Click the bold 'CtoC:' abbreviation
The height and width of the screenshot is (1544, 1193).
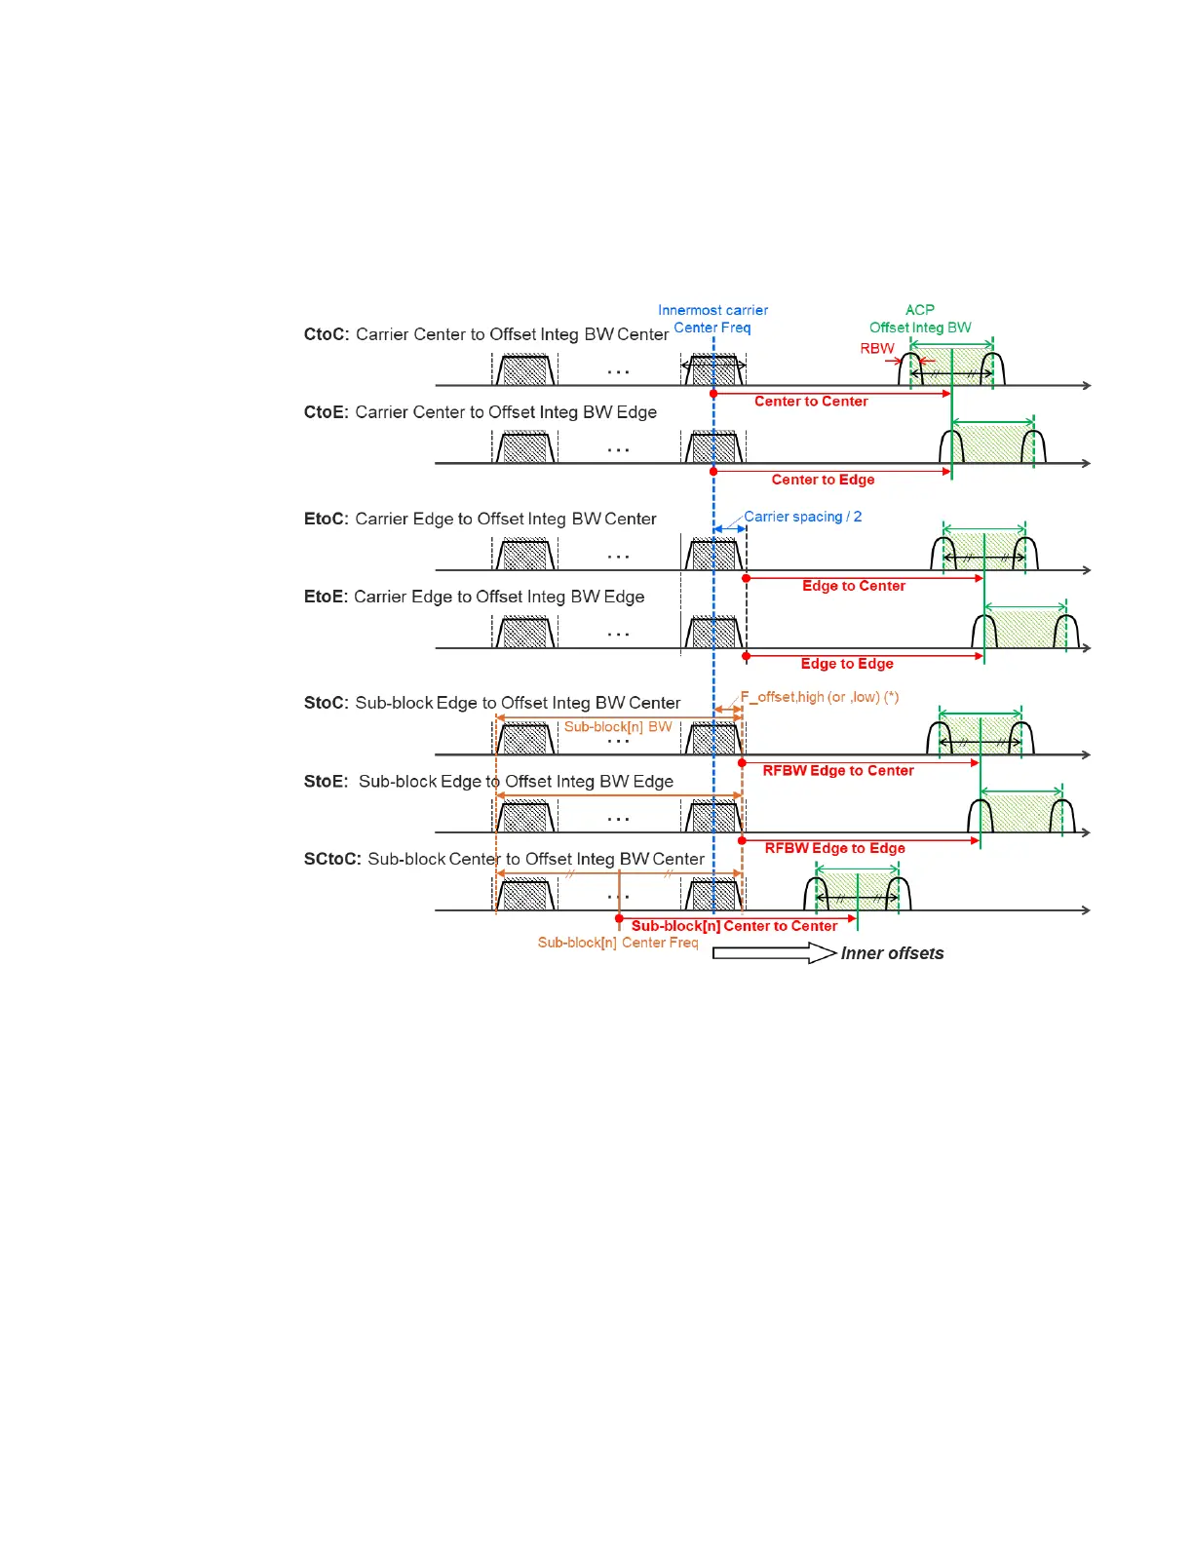click(327, 334)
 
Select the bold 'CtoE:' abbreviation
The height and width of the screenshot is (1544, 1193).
click(326, 412)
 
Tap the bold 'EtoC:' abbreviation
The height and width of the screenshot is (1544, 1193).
click(326, 519)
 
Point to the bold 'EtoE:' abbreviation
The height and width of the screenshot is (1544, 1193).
click(326, 597)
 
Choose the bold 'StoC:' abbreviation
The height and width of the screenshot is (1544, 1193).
click(326, 703)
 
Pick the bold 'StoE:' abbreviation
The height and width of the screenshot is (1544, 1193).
click(326, 782)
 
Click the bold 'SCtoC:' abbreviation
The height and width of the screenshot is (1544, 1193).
click(332, 859)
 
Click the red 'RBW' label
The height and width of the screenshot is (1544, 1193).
click(876, 348)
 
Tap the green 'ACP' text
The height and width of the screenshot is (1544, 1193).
click(919, 310)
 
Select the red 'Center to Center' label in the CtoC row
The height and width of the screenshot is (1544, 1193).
click(811, 402)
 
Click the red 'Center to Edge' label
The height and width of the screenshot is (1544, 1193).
click(823, 480)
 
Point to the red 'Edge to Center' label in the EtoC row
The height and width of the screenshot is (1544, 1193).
click(854, 586)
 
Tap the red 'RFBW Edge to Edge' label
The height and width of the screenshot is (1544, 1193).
click(834, 848)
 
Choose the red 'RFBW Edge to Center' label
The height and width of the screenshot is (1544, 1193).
click(838, 771)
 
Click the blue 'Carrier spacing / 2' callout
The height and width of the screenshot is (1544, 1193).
click(802, 517)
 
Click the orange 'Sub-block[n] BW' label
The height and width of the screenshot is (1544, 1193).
click(618, 727)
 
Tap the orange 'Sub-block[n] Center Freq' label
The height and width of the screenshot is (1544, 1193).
click(618, 943)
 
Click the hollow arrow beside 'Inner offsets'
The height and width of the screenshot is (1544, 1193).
click(774, 953)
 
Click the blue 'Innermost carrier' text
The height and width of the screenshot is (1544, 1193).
click(712, 310)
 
